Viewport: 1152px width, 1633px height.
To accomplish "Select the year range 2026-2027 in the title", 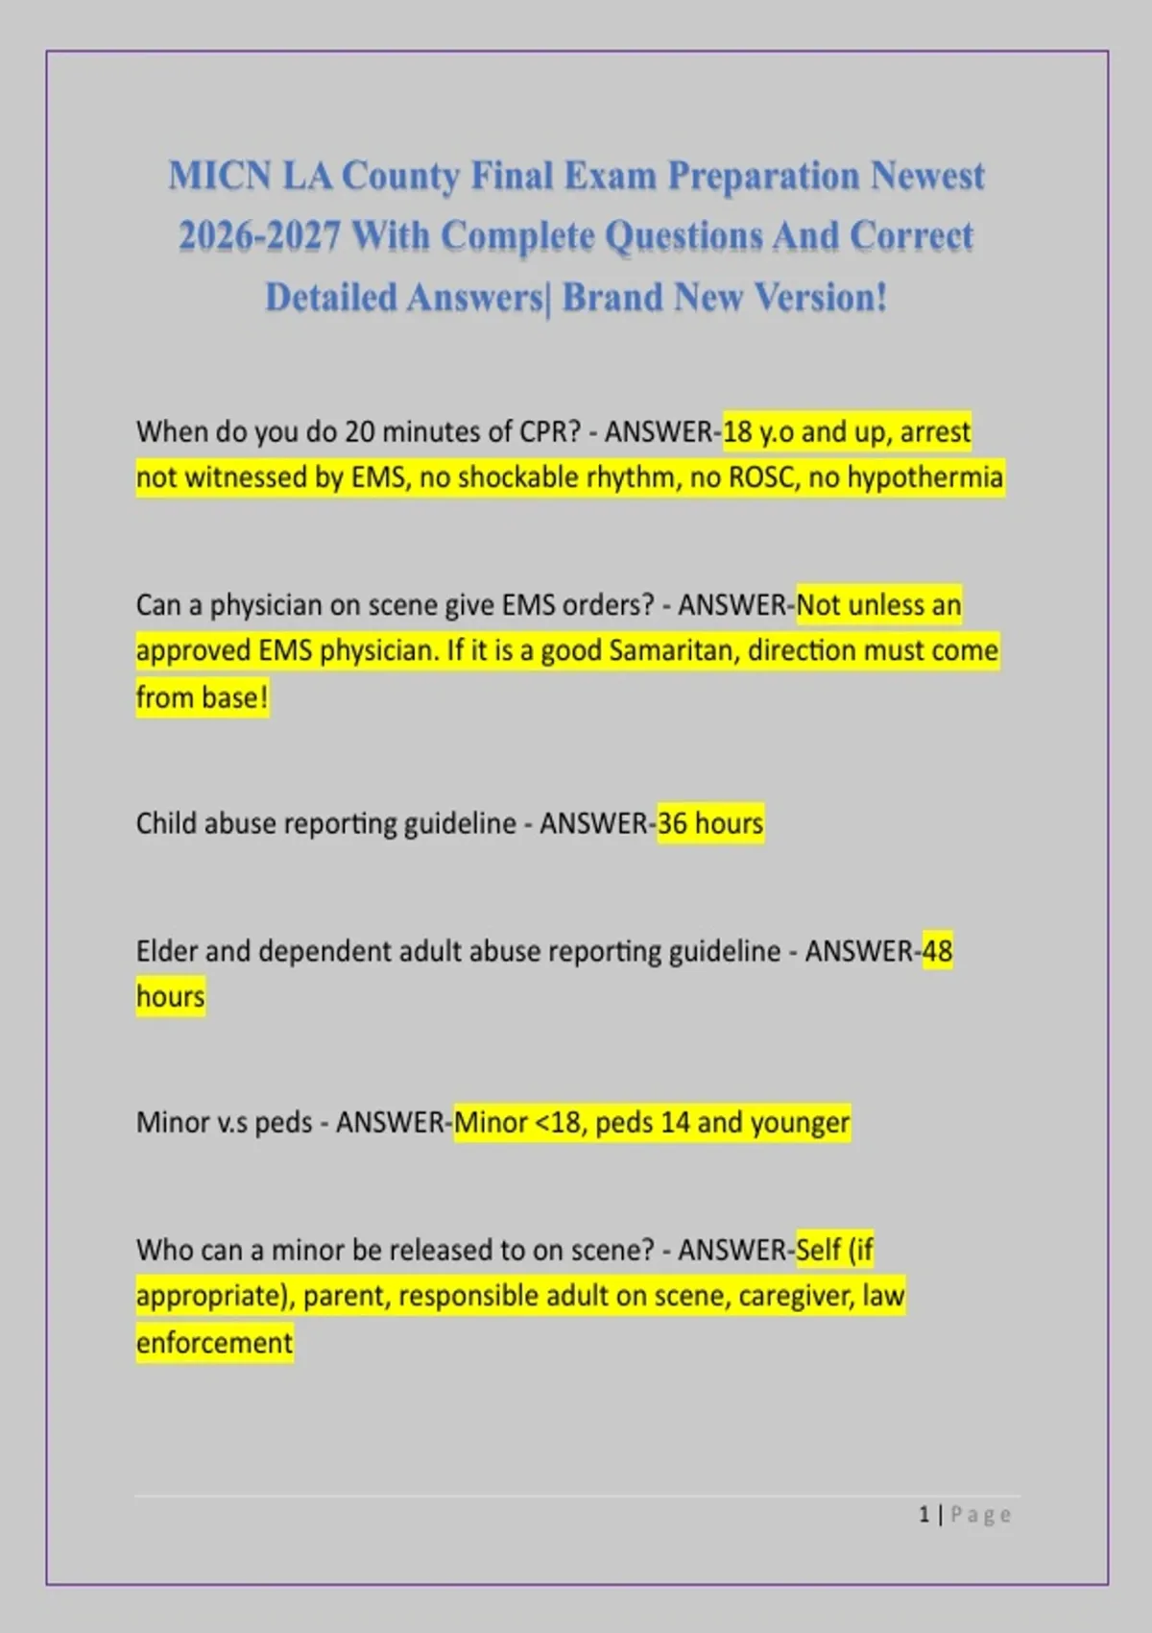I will point(259,236).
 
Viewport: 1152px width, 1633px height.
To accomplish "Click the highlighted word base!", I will point(233,697).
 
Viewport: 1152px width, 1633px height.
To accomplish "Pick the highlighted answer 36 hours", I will point(710,824).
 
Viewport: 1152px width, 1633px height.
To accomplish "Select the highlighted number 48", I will point(937,951).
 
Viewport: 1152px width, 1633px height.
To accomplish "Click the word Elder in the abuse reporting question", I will point(167,951).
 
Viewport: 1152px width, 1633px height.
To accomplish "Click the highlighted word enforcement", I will point(214,1342).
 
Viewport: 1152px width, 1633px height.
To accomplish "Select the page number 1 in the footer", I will point(924,1515).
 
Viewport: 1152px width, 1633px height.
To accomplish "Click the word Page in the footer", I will point(980,1515).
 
